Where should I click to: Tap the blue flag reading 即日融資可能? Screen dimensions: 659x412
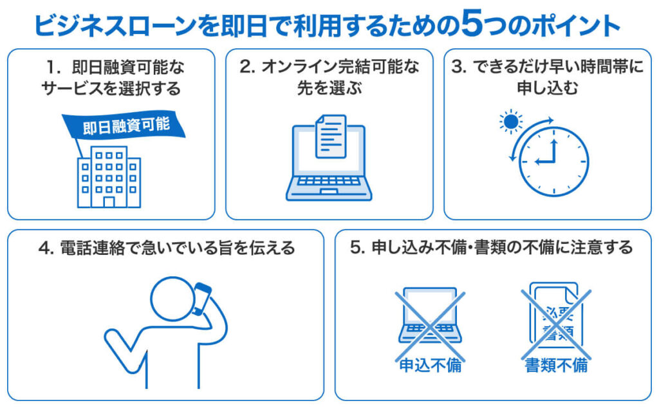pyautogui.click(x=124, y=126)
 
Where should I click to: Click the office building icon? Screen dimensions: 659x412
pyautogui.click(x=109, y=177)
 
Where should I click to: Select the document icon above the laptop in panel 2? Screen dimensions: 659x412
pyautogui.click(x=331, y=136)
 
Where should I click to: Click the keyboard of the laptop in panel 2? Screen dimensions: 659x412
pyautogui.click(x=329, y=181)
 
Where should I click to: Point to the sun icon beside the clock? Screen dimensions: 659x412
pyautogui.click(x=510, y=122)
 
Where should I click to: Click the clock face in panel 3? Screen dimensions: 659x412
pyautogui.click(x=554, y=162)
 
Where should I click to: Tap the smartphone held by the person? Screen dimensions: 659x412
pyautogui.click(x=201, y=299)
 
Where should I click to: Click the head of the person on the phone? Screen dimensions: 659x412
pyautogui.click(x=172, y=299)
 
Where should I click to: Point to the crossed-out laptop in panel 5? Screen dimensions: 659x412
pyautogui.click(x=430, y=319)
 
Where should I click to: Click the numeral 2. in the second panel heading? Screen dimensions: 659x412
pyautogui.click(x=247, y=67)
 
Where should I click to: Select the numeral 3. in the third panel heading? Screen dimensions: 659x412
pyautogui.click(x=459, y=67)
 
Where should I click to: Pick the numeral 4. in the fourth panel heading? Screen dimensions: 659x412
pyautogui.click(x=46, y=248)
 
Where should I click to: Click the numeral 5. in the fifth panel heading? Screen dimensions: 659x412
pyautogui.click(x=358, y=248)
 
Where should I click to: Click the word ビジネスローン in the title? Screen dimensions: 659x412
pyautogui.click(x=115, y=25)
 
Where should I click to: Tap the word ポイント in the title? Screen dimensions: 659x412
pyautogui.click(x=575, y=25)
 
